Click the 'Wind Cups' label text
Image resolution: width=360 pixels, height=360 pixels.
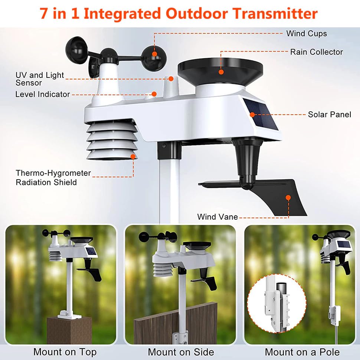click(x=307, y=33)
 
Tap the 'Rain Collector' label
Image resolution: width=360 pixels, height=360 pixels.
click(x=316, y=52)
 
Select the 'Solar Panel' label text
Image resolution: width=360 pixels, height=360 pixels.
click(x=329, y=114)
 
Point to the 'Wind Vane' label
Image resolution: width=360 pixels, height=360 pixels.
click(x=217, y=217)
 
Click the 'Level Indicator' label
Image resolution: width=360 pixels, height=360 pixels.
click(x=42, y=94)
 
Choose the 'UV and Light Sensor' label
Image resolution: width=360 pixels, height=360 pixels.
click(x=40, y=79)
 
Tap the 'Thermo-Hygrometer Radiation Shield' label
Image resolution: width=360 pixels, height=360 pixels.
click(x=53, y=177)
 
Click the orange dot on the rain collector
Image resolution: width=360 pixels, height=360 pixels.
click(x=221, y=72)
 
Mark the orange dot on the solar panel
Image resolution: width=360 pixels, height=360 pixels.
click(x=252, y=115)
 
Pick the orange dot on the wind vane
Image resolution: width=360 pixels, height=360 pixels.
click(x=287, y=198)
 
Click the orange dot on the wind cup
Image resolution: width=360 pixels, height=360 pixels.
click(x=154, y=54)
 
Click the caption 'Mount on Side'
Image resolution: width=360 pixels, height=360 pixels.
click(x=181, y=352)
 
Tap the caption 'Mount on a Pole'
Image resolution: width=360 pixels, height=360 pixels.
click(x=302, y=352)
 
